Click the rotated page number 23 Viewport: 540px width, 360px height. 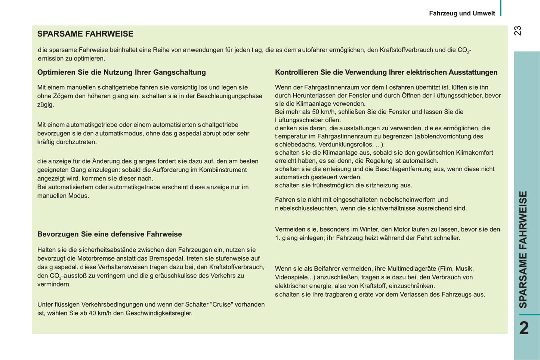[x=517, y=31]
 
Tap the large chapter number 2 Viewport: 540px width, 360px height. [x=524, y=328]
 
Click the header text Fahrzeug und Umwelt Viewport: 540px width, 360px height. [x=462, y=13]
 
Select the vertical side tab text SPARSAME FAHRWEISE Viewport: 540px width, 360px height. [x=524, y=249]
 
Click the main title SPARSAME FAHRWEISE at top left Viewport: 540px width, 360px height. [x=85, y=34]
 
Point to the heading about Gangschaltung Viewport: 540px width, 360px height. [x=121, y=72]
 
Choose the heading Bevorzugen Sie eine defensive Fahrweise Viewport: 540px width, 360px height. [x=109, y=235]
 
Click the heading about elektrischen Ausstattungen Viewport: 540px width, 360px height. [x=386, y=72]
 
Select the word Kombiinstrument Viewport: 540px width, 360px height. [x=223, y=170]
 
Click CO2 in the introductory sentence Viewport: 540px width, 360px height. [x=463, y=50]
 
